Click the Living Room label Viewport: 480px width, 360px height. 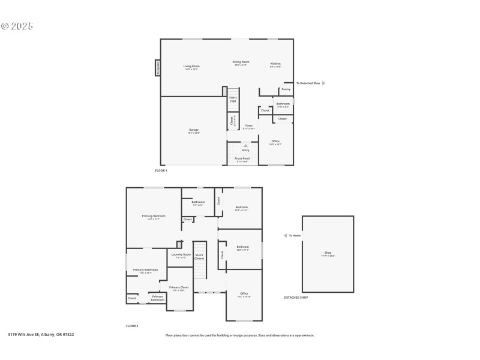191,66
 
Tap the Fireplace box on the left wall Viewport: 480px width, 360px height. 158,68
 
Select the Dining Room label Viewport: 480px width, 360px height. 241,62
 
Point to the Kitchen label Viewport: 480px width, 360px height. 275,64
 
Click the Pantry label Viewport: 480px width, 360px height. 286,89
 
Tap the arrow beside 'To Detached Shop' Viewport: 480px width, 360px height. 323,83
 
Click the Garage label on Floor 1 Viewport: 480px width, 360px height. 194,130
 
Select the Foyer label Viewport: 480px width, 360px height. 249,125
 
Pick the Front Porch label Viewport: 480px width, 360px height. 241,158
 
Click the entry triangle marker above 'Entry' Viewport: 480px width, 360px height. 245,145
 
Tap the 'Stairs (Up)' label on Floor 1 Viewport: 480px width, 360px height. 233,99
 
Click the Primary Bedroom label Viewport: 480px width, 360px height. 154,216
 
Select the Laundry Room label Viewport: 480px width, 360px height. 181,254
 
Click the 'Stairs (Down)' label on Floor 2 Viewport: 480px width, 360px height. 199,256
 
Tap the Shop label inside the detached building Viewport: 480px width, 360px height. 328,253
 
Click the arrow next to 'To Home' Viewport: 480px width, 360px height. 285,236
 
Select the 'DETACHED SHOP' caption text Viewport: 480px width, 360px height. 296,297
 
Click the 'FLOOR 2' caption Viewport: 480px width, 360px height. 132,326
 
